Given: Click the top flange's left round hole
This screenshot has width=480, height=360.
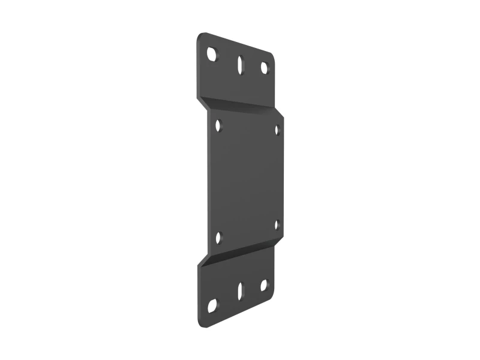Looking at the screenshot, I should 212,54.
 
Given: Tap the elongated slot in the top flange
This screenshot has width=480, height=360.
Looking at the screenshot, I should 240,64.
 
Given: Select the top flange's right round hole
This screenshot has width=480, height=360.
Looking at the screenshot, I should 264,68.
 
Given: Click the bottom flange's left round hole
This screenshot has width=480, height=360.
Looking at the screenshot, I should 212,305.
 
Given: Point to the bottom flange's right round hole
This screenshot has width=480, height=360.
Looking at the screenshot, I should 264,285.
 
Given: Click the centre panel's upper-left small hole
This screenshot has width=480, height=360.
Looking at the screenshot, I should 218,125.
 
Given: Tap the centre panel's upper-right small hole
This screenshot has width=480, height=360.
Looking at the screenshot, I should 277,130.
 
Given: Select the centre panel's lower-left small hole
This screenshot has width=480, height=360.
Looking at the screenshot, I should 218,238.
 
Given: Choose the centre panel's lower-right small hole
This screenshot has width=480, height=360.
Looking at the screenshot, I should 277,225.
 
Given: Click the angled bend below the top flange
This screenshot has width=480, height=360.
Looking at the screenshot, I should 240,104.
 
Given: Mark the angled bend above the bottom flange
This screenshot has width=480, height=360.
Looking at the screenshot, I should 240,252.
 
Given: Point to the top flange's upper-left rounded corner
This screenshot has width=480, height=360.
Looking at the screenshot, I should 200,37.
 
